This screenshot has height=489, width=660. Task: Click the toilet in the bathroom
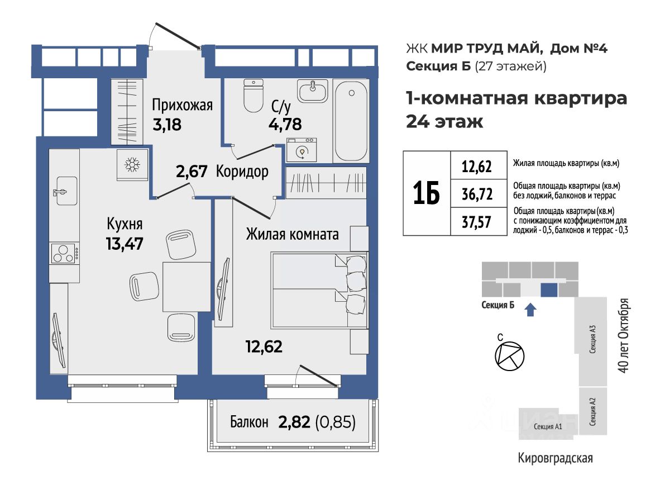click(x=254, y=96)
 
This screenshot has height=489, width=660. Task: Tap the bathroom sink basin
click(x=312, y=91)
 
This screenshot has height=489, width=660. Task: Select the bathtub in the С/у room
click(x=351, y=121)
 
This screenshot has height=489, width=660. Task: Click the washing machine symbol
click(x=302, y=150)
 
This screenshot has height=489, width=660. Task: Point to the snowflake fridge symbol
click(x=132, y=165)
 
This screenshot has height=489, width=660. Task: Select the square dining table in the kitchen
click(x=186, y=286)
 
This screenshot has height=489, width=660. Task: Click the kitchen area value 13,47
click(x=125, y=244)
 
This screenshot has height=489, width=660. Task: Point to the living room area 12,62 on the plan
click(x=264, y=346)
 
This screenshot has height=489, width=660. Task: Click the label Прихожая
click(x=182, y=105)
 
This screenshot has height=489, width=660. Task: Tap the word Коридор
click(x=242, y=172)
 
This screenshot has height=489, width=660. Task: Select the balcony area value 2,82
click(x=294, y=421)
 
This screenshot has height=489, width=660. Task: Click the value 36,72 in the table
click(x=477, y=194)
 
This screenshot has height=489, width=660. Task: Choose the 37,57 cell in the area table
click(x=477, y=222)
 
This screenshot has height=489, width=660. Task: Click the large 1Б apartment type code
click(x=427, y=193)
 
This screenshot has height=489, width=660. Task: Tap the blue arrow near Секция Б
click(x=531, y=310)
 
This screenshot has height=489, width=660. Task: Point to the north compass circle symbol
click(x=509, y=356)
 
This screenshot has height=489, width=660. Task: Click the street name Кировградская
click(x=555, y=458)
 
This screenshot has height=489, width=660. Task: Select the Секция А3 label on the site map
click(x=592, y=339)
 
